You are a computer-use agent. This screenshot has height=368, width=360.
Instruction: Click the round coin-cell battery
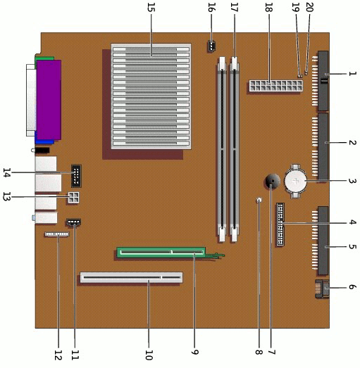point(295,181)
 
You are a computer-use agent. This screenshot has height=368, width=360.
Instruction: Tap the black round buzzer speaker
point(273,181)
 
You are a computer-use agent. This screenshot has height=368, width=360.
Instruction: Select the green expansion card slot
point(161,253)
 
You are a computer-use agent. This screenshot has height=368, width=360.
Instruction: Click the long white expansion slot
point(131,277)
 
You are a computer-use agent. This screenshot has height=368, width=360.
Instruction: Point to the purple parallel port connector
point(49,100)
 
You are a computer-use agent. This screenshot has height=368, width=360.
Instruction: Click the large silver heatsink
point(151,96)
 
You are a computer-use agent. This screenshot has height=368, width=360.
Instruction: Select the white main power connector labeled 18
point(276,86)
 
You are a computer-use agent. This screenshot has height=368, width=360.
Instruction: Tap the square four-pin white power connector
point(73,198)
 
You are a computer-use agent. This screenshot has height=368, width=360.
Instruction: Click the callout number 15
point(151,7)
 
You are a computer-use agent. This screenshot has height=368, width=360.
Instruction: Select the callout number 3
point(352,181)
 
